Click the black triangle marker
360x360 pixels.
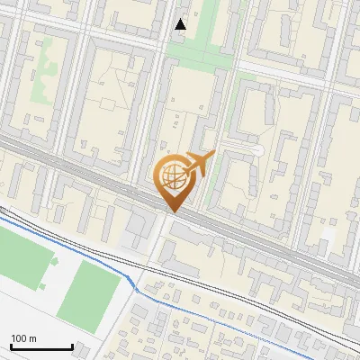pos(181,24)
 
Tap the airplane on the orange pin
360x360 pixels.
pos(198,164)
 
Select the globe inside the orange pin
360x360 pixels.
pos(173,177)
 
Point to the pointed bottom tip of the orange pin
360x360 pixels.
pos(172,211)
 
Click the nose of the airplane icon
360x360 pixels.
pos(212,156)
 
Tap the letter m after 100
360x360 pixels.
pos(33,338)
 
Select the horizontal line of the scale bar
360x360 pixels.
pos(41,347)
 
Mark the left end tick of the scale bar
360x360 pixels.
pos(11,346)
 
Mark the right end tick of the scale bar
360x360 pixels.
pos(72,346)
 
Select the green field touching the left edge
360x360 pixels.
pos(22,256)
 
